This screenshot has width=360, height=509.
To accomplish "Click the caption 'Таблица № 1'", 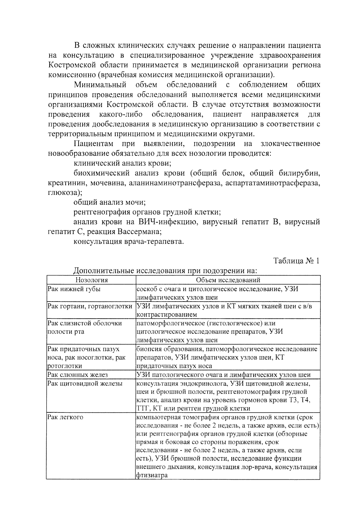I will click(x=296, y=261).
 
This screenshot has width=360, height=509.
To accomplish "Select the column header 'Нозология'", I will click(x=91, y=280).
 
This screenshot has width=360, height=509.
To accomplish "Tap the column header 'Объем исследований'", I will click(x=228, y=280).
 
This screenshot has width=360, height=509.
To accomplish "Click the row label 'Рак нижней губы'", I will click(x=74, y=289).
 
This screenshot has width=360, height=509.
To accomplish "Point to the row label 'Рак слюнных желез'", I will click(x=78, y=375).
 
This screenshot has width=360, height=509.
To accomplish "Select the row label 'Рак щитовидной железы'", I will click(x=85, y=383).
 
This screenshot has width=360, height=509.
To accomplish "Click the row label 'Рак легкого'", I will click(x=65, y=417).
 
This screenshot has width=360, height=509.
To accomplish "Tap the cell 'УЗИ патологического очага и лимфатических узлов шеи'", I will click(x=223, y=375).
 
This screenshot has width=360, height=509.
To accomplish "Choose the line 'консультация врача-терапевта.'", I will click(x=128, y=242).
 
